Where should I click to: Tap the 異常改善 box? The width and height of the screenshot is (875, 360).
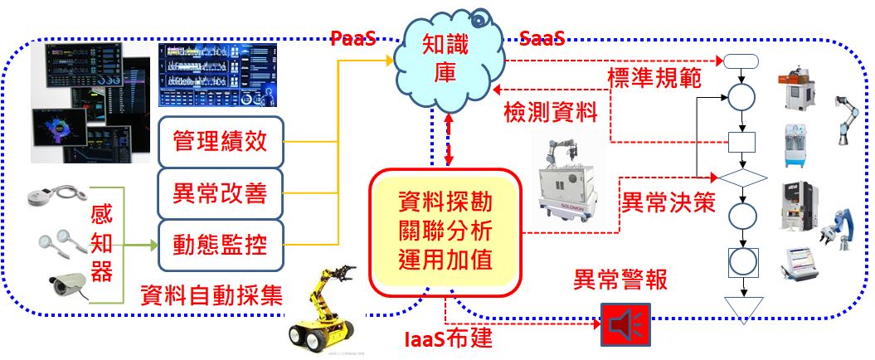tap(220, 193)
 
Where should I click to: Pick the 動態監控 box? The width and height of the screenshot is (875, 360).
tap(220, 243)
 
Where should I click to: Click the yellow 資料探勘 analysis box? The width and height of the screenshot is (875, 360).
tap(446, 231)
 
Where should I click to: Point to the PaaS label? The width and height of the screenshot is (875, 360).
tap(352, 38)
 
